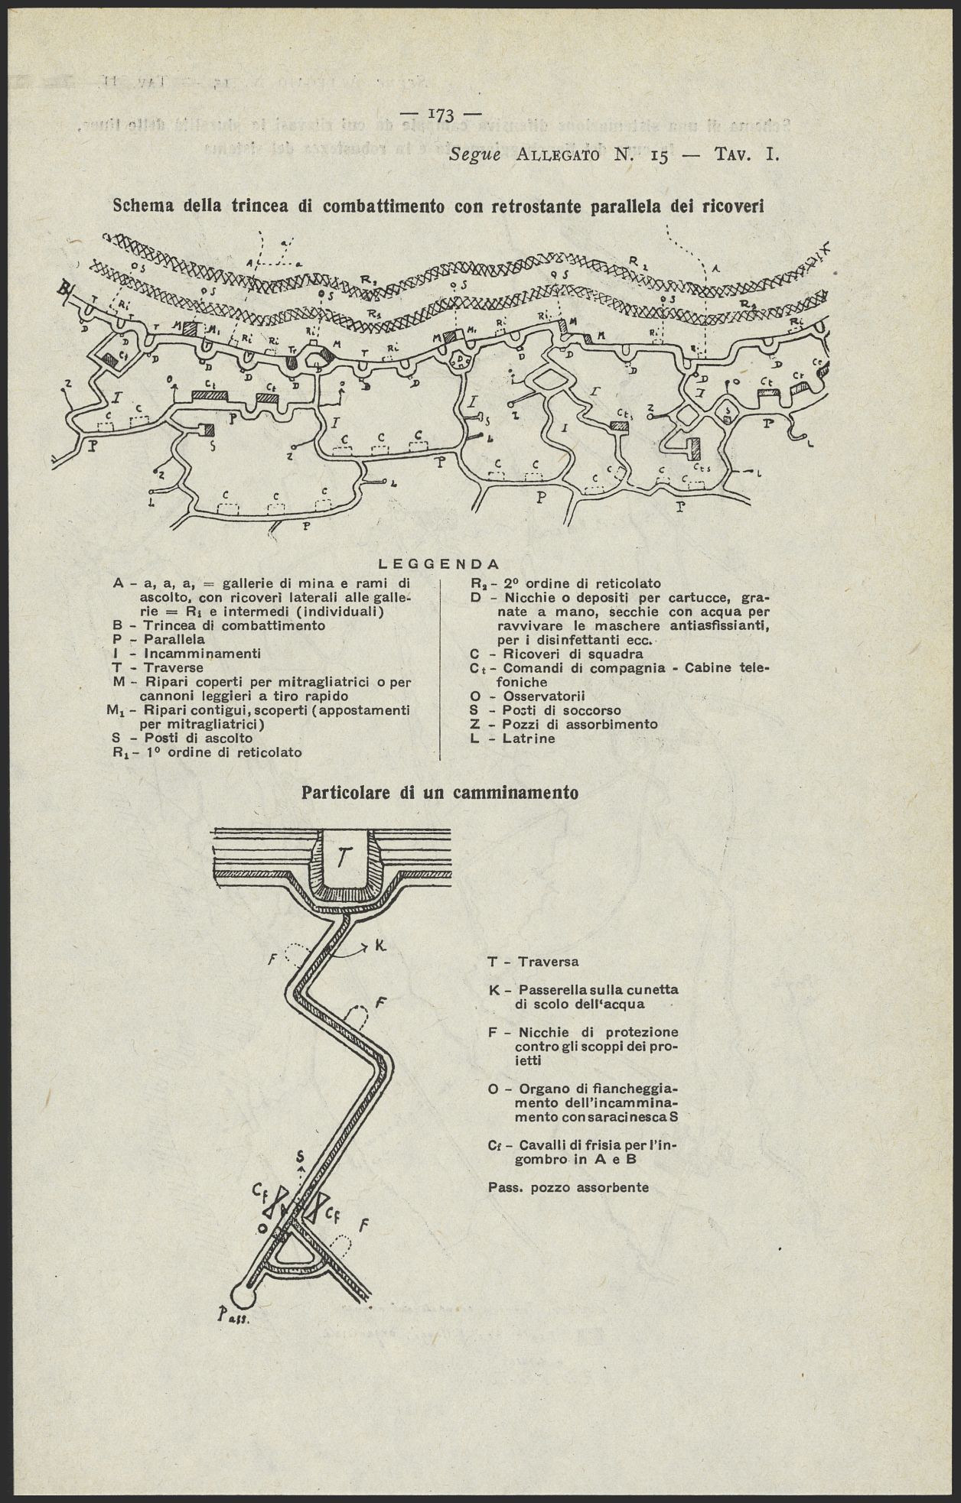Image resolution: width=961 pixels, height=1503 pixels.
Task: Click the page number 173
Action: point(443,115)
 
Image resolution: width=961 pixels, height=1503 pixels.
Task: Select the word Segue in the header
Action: point(474,155)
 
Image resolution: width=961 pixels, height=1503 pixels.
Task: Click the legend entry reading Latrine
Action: point(529,739)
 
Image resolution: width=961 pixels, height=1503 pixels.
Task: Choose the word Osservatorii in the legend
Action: point(544,696)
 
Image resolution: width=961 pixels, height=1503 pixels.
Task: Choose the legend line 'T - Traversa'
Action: point(533,961)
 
